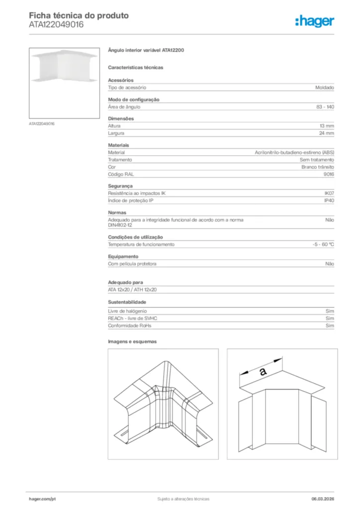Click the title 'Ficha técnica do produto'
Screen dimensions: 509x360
click(79, 15)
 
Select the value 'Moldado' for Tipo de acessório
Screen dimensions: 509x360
click(324, 87)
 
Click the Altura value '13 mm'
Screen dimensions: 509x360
click(326, 126)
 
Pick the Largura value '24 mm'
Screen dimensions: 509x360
click(326, 133)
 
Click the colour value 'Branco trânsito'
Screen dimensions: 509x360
click(317, 167)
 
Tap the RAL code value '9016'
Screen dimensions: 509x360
click(329, 174)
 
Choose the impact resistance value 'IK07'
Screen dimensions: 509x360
click(329, 193)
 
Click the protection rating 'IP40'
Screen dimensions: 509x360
click(329, 201)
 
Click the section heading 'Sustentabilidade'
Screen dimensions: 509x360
click(127, 302)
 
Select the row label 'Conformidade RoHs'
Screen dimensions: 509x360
click(129, 326)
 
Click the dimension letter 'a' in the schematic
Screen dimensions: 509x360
click(263, 371)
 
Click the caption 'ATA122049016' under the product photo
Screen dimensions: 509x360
click(42, 124)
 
